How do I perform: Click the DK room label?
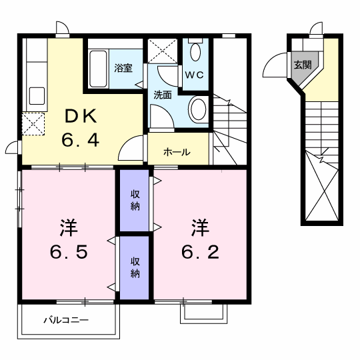(x=81, y=117)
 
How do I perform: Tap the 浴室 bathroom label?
(x=123, y=68)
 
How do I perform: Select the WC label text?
(x=194, y=75)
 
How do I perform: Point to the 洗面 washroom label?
(x=163, y=95)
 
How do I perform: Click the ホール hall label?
(x=177, y=152)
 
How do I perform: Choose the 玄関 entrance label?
(x=303, y=65)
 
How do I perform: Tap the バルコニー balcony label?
(x=66, y=320)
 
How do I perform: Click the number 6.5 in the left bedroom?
(x=69, y=252)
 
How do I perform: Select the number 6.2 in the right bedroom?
(x=200, y=252)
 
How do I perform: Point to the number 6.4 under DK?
(x=81, y=139)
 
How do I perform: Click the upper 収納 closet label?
(x=135, y=200)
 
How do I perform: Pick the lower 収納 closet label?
(x=135, y=267)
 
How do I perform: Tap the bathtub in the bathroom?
(x=98, y=69)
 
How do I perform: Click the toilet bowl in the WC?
(x=195, y=52)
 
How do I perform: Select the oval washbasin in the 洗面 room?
(x=197, y=109)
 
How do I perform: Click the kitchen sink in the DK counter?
(x=37, y=96)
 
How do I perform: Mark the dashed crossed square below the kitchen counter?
(x=33, y=124)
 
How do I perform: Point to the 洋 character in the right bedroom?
(x=200, y=227)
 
